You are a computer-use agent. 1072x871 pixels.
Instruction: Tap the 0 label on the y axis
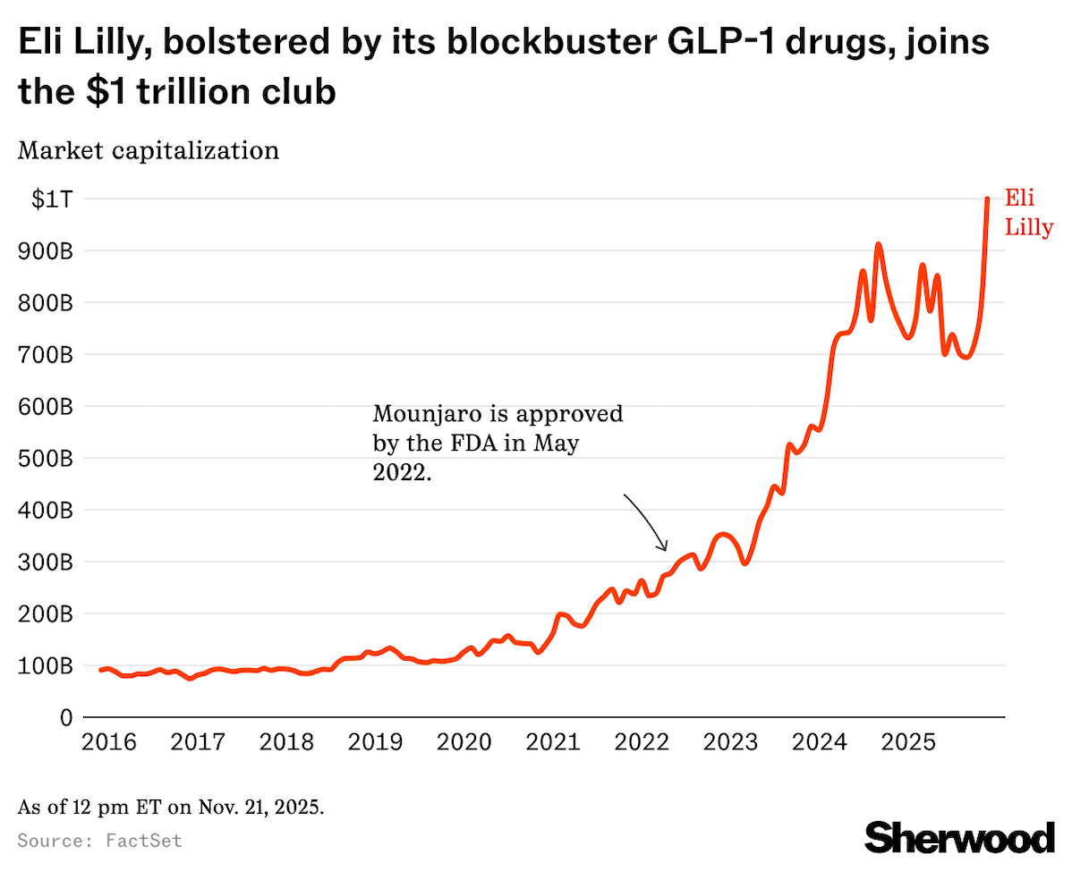[65, 717]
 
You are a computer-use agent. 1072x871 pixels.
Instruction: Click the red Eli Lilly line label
[1027, 212]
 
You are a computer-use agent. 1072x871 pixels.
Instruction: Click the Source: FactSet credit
[99, 841]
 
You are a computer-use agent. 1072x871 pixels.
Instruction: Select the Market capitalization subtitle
[149, 150]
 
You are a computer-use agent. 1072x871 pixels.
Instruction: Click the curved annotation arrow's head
[665, 547]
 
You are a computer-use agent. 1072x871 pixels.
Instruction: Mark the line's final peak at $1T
[987, 199]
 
